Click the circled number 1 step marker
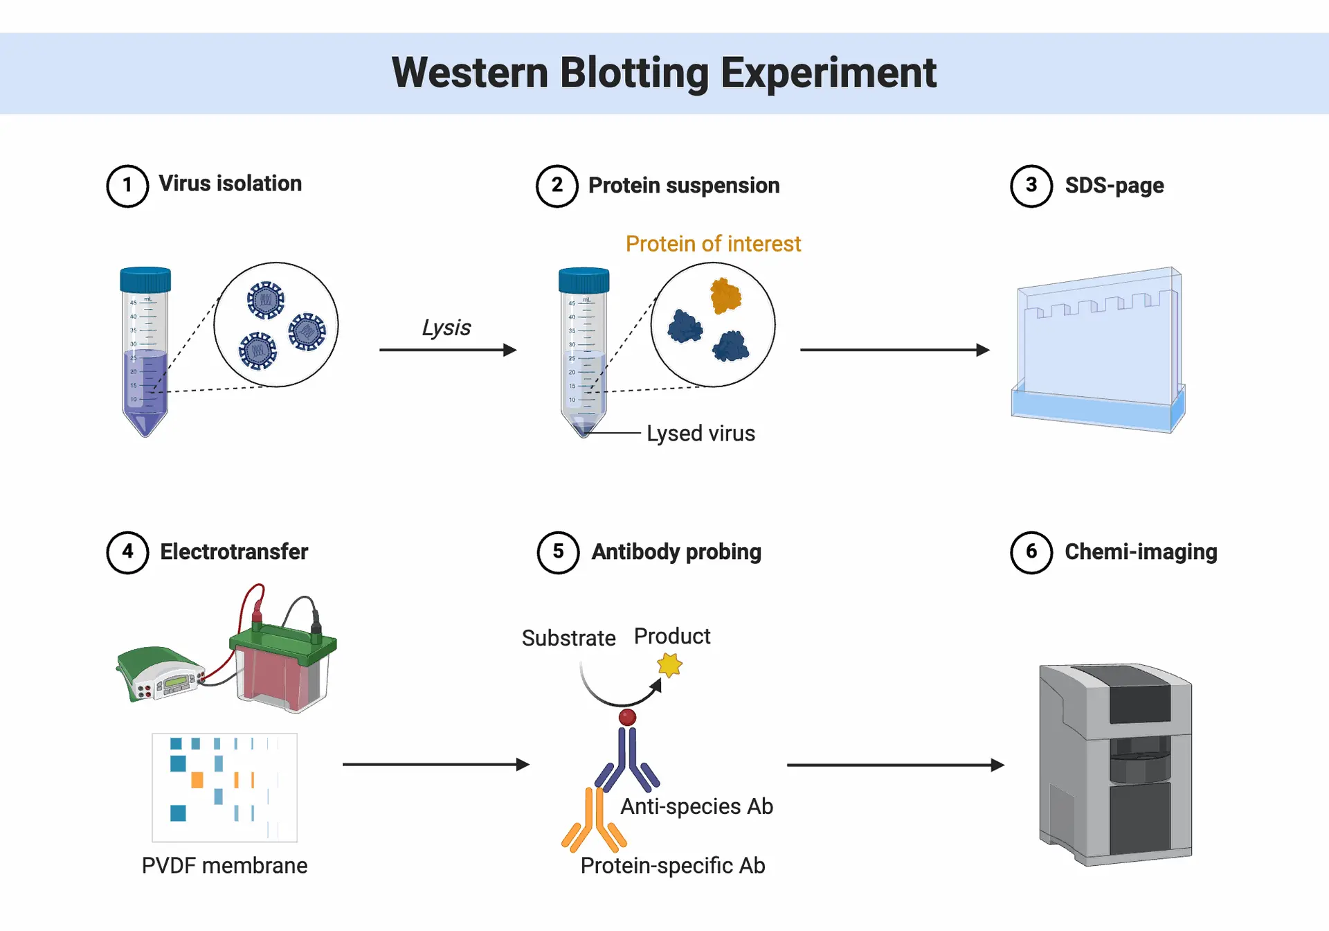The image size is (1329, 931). point(127,186)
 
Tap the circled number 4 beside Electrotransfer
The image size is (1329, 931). point(127,552)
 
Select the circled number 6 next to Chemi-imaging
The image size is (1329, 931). point(1031,552)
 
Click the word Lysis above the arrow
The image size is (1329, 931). point(446,328)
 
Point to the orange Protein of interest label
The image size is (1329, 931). point(713,244)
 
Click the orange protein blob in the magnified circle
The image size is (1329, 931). point(725,296)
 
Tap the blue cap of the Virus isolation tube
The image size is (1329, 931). point(145,279)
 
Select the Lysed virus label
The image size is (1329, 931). point(700,433)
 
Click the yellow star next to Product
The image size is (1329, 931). point(669,665)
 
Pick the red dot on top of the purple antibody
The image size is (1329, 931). point(627,718)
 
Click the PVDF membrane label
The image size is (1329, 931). point(224,865)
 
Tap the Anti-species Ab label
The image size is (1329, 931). point(696,806)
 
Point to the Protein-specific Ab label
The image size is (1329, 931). point(673,865)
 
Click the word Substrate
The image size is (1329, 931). point(568,637)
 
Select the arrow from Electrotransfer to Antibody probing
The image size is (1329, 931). point(436,764)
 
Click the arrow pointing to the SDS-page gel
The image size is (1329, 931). point(895,350)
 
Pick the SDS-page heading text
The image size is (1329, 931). point(1114,186)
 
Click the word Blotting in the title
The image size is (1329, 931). point(634,73)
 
